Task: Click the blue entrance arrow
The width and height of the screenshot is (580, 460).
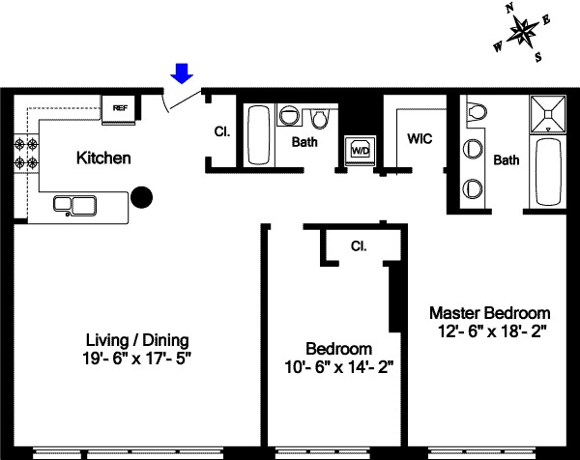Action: (182, 72)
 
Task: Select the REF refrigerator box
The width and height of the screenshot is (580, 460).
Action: (121, 107)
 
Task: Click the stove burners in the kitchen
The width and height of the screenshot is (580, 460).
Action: (26, 152)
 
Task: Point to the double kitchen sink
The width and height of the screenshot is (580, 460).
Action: (74, 204)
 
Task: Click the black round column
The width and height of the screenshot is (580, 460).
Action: (142, 197)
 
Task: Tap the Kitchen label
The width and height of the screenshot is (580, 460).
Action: (103, 158)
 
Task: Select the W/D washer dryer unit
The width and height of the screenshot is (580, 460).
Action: (360, 150)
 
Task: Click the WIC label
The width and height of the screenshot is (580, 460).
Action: (419, 139)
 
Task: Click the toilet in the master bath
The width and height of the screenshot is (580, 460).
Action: (475, 113)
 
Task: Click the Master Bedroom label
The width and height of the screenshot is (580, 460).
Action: (490, 313)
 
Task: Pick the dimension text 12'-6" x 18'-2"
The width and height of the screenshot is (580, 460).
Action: (490, 331)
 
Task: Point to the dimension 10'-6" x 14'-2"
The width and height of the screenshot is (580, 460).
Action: (337, 366)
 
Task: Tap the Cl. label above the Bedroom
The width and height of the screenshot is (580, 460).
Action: (357, 244)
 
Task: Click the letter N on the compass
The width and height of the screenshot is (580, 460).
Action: (513, 9)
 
